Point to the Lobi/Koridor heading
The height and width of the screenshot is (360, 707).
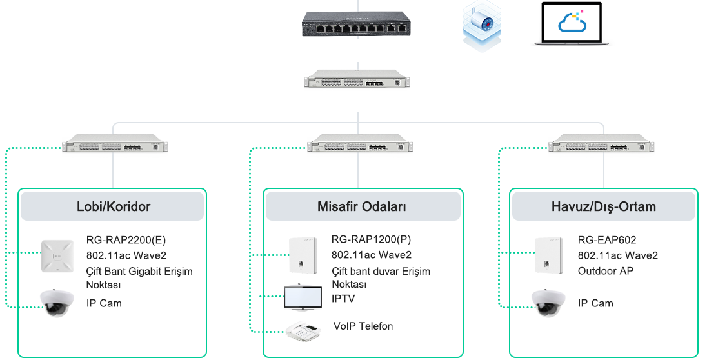pos(114,207)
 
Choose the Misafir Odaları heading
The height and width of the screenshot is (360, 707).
pos(362,207)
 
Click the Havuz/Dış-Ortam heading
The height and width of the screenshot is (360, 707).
pos(604,207)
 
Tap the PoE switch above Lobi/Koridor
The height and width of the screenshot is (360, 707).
pos(114,143)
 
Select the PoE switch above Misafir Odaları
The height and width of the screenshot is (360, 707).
pos(359,143)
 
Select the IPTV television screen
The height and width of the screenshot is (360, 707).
pos(304,296)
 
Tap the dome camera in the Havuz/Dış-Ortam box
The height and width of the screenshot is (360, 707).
pos(548,303)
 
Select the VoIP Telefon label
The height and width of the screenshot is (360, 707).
pos(363,326)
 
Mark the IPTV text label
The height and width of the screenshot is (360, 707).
pos(343,299)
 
